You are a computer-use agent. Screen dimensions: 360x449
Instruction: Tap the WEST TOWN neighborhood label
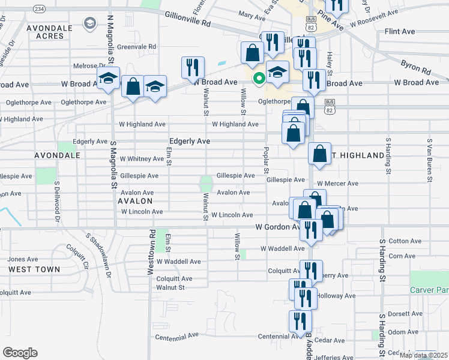34,269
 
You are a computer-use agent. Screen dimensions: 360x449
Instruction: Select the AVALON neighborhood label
135,201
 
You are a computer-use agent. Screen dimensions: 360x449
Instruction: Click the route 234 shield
39,9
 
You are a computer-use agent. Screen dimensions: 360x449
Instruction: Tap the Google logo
20,352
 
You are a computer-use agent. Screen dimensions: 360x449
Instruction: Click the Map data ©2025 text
423,355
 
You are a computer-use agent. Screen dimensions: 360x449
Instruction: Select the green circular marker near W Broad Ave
259,78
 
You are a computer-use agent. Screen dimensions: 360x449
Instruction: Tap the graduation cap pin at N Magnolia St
108,79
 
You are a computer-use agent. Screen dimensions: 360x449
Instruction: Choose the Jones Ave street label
22,259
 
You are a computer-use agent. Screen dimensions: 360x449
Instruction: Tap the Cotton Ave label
406,241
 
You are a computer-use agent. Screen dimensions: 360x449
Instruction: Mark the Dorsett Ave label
403,313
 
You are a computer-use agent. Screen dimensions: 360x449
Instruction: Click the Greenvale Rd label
136,46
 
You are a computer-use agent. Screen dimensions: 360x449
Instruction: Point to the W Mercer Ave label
337,184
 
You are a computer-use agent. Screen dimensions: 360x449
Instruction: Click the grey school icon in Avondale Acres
90,23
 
